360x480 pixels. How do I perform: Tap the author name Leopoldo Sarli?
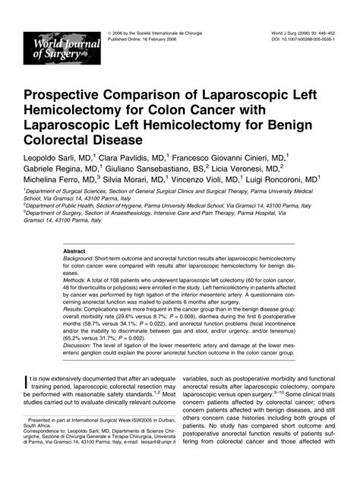coord(51,156)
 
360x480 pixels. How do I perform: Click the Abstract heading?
coord(74,251)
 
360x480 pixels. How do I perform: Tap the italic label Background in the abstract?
coord(80,259)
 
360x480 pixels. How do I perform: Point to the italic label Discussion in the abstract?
coord(80,346)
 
